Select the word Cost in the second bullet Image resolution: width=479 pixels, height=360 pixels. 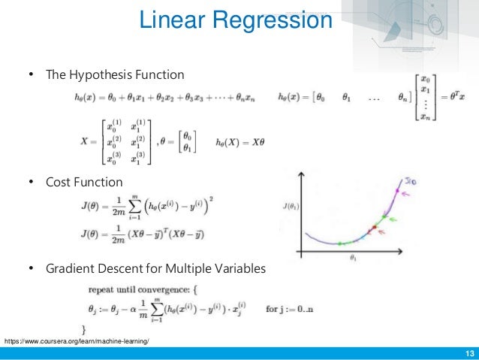(x=61, y=181)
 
